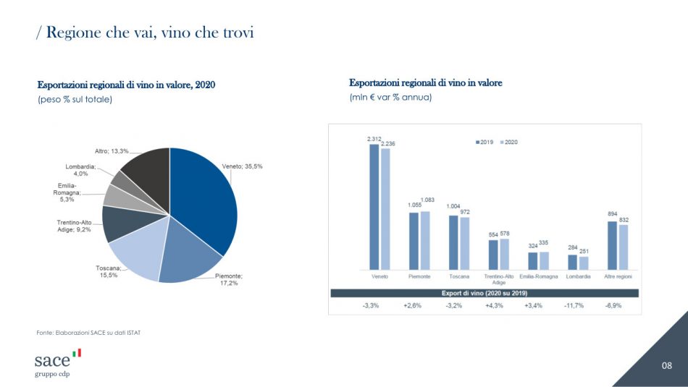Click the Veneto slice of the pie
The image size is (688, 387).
[206, 199]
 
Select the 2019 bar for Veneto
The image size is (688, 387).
[374, 206]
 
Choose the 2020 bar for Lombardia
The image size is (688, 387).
[584, 263]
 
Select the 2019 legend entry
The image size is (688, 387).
[484, 142]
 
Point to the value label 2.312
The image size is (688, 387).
[374, 138]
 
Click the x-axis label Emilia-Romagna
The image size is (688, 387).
[538, 277]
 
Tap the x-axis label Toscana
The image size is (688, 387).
[459, 277]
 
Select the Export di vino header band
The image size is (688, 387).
[484, 293]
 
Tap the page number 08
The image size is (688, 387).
[667, 366]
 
